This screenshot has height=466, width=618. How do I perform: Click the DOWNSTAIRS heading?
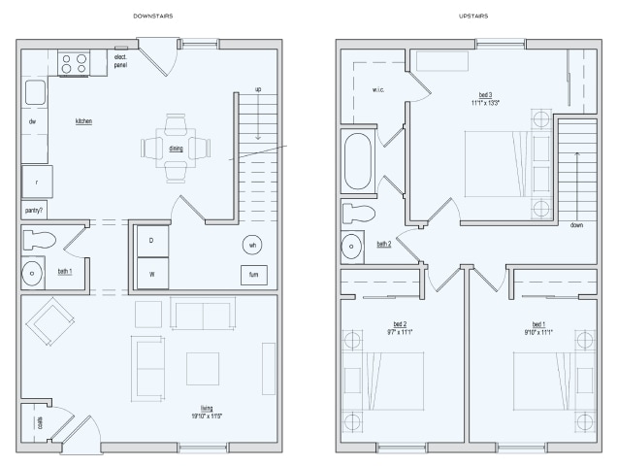pos(150,17)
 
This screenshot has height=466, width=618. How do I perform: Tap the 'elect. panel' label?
pos(121,63)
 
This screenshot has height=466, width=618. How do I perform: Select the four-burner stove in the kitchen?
pos(74,64)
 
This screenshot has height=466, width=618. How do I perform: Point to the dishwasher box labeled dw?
pos(32,121)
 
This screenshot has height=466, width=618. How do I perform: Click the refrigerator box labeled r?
pos(37,182)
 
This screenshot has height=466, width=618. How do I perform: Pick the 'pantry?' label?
pos(33,209)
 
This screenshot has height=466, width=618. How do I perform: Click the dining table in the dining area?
pos(176,149)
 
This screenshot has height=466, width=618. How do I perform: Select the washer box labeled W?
pos(151,274)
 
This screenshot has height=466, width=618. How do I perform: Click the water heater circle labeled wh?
pos(252,244)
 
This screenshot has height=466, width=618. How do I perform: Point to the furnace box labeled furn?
pos(253,275)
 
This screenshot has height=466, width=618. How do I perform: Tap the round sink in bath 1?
pos(33,272)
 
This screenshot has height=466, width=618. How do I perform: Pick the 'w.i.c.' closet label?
pos(378,90)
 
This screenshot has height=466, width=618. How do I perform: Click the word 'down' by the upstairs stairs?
pos(576,224)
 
